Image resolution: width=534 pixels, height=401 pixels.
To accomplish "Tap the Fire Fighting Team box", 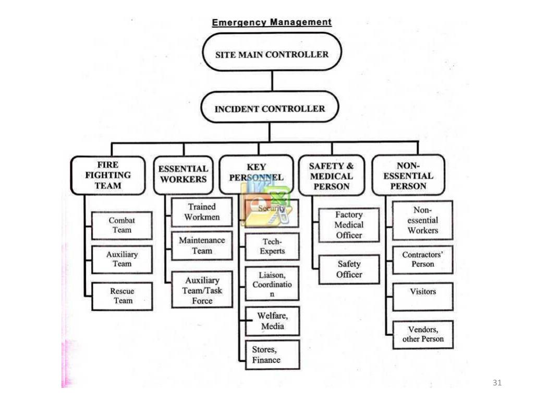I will pos(108,175).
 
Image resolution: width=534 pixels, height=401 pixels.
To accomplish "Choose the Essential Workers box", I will pos(183,174).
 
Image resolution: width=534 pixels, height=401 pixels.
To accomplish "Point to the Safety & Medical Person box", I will pos(331,176).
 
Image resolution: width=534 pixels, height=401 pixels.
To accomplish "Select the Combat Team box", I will pos(122,226).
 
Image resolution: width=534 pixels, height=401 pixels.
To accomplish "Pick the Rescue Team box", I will pos(122,296).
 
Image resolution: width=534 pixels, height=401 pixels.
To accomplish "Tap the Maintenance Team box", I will pos(202,246).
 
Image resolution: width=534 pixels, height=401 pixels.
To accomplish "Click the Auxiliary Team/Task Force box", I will pos(202,290).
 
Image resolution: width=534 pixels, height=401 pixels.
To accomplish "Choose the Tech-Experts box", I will pos(272,246).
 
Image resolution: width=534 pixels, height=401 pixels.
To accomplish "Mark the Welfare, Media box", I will pos(272,321).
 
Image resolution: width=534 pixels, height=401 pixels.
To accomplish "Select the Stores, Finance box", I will pos(272,355).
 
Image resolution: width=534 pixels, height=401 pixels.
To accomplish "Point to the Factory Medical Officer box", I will pos(349,225).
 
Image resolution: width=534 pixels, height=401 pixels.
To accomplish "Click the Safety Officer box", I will pos(349,269).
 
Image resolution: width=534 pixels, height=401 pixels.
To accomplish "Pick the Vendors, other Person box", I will pos(422,334).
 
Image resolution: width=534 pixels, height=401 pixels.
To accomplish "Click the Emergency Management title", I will pos(271,22).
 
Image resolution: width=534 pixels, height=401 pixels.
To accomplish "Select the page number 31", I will pos(496,383).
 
